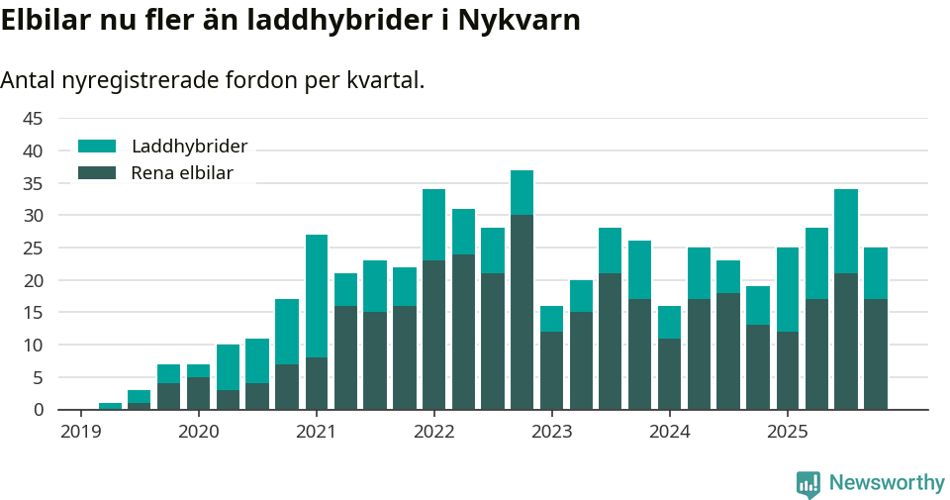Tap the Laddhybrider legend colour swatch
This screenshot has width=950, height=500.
[97, 147]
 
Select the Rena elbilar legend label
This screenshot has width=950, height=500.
[182, 173]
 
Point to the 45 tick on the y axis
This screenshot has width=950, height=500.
[33, 119]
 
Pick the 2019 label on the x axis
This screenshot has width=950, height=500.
[80, 432]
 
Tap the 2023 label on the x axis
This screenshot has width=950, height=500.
[551, 432]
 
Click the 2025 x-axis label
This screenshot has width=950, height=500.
[787, 432]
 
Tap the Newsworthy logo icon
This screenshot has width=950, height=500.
[808, 483]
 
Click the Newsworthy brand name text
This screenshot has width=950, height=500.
[887, 483]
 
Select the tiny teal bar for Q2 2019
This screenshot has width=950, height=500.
[111, 406]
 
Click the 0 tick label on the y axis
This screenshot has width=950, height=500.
[39, 410]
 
